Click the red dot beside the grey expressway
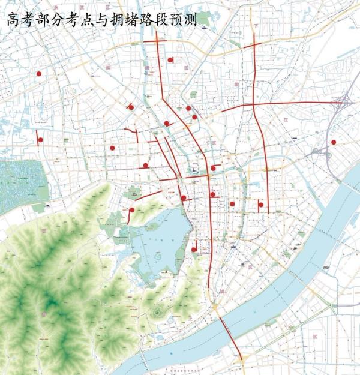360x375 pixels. tap(334, 142)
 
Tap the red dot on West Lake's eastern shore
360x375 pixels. tap(194, 250)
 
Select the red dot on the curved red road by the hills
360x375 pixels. tap(131, 210)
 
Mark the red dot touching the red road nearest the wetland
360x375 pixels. tap(40, 140)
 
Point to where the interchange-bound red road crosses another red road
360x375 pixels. tap(254, 106)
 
